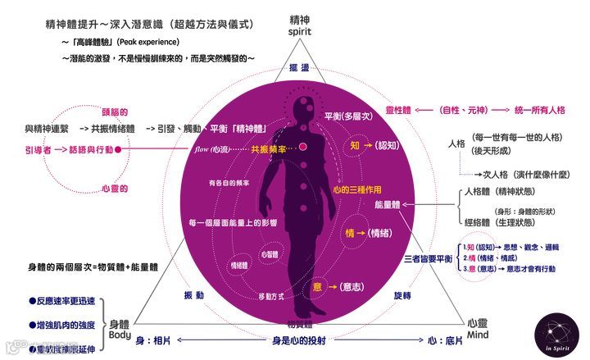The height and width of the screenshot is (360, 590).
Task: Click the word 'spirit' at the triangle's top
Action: tap(302, 31)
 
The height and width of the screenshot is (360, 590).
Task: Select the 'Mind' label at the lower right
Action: tap(479, 335)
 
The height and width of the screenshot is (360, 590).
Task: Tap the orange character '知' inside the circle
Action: tap(355, 144)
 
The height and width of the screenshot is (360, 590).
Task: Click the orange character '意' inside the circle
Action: tap(316, 286)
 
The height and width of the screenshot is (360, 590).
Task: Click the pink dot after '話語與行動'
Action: tap(120, 149)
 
